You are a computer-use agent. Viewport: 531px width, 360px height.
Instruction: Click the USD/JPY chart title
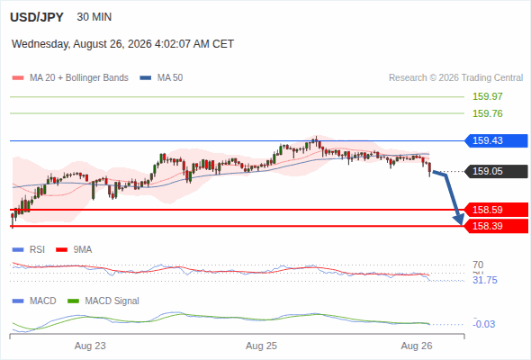tap(37, 17)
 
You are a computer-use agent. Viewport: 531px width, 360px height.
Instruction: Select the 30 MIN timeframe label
tap(94, 17)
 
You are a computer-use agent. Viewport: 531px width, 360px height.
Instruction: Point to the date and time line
tap(122, 44)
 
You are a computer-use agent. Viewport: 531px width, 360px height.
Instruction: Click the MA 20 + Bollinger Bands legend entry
tap(70, 78)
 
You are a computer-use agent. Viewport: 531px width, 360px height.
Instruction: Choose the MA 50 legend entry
tap(161, 78)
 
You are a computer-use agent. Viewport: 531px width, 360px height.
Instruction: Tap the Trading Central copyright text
tap(455, 78)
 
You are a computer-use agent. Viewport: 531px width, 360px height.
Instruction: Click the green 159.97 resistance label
tap(487, 96)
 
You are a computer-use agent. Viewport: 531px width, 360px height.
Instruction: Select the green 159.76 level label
tap(487, 113)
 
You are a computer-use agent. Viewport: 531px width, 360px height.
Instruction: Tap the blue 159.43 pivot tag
tap(496, 140)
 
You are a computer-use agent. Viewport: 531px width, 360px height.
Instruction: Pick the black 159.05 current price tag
tap(496, 171)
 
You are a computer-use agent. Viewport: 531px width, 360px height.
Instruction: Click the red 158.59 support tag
tap(496, 210)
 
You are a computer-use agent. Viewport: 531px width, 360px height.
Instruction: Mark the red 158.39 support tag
tap(496, 226)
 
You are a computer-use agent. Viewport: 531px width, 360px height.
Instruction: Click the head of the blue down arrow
tap(460, 221)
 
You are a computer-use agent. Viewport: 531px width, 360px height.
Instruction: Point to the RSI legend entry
tap(29, 250)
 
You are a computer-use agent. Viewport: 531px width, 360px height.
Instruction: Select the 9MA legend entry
tap(74, 250)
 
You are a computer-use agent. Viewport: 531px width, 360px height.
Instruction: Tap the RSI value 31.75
tap(485, 281)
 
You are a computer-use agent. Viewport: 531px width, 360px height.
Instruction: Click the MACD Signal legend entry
tap(103, 301)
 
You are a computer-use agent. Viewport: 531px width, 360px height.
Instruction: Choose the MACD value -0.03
tap(483, 324)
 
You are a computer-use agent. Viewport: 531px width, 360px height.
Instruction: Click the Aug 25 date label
tap(261, 346)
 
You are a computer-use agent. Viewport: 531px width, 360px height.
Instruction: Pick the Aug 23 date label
tap(90, 346)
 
